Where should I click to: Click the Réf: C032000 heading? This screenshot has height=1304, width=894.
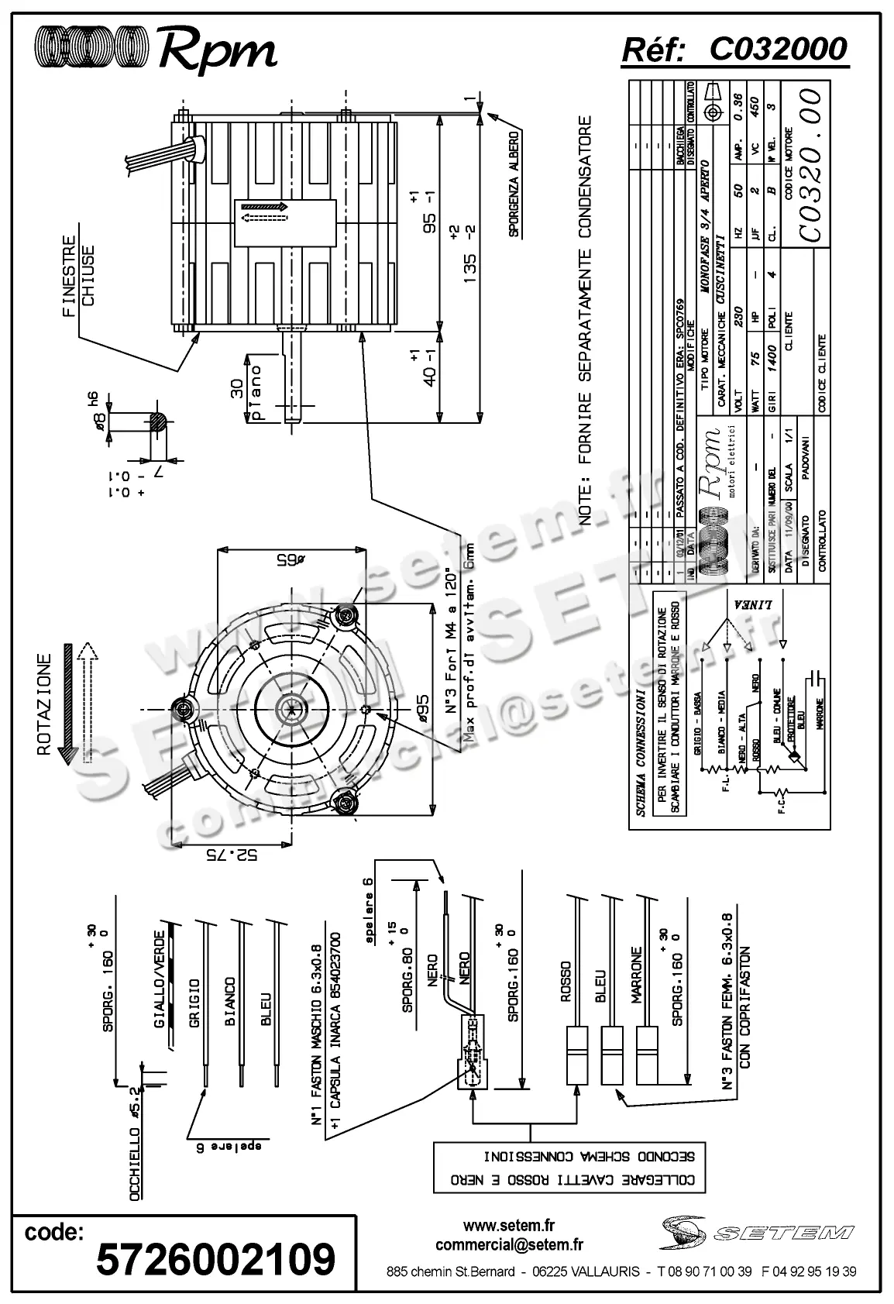pyautogui.click(x=734, y=50)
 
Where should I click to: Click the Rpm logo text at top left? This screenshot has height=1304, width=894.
pyautogui.click(x=218, y=50)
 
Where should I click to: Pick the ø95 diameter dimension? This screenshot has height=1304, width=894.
pyautogui.click(x=445, y=708)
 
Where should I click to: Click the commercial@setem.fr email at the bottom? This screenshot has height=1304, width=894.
pyautogui.click(x=509, y=1244)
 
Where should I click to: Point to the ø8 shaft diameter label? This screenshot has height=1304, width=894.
pyautogui.click(x=99, y=421)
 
